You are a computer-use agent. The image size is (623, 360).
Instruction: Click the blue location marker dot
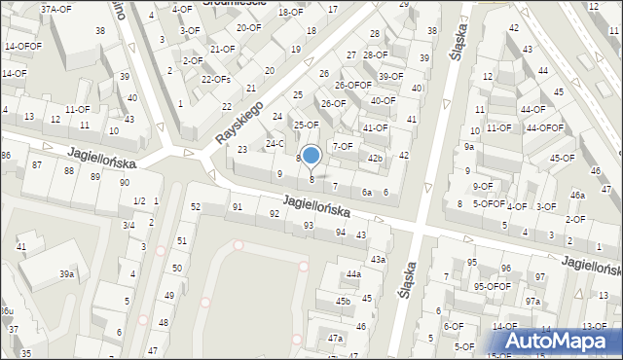[x=311, y=155]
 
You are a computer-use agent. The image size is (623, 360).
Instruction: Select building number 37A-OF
[x=55, y=9]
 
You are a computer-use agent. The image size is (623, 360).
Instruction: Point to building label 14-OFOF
[x=22, y=46]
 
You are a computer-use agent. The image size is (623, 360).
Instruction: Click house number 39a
[x=66, y=274]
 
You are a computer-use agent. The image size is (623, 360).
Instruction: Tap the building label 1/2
[x=138, y=200]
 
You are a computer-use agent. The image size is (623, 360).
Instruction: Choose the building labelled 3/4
[x=128, y=225]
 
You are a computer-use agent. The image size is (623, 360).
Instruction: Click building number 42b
[x=375, y=158]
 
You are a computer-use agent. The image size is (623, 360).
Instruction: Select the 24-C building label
[x=275, y=143]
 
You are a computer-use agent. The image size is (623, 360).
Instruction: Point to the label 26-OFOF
[x=352, y=85]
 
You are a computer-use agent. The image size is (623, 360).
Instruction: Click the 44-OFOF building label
[x=544, y=127]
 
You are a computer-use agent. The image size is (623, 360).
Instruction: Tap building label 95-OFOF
[x=493, y=286]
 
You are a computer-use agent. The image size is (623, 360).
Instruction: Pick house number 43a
[x=378, y=259]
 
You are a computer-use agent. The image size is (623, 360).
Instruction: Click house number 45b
[x=343, y=302]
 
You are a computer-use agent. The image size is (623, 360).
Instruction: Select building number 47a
[x=335, y=338]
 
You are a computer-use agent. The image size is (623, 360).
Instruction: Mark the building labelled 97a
[x=532, y=302]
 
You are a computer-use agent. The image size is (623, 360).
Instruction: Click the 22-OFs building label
[x=215, y=79]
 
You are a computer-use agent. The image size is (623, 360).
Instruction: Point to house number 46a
[x=577, y=195]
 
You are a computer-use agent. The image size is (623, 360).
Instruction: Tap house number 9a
[x=468, y=146]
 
